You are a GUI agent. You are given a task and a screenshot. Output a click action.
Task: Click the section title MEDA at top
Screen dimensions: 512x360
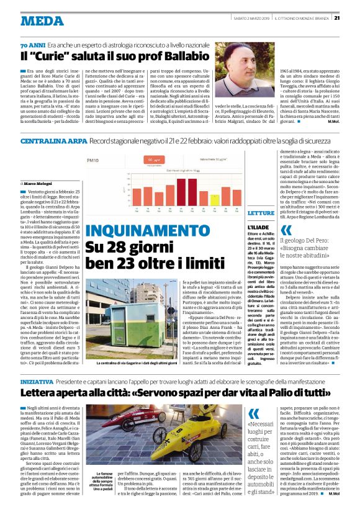coord(42,20)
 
